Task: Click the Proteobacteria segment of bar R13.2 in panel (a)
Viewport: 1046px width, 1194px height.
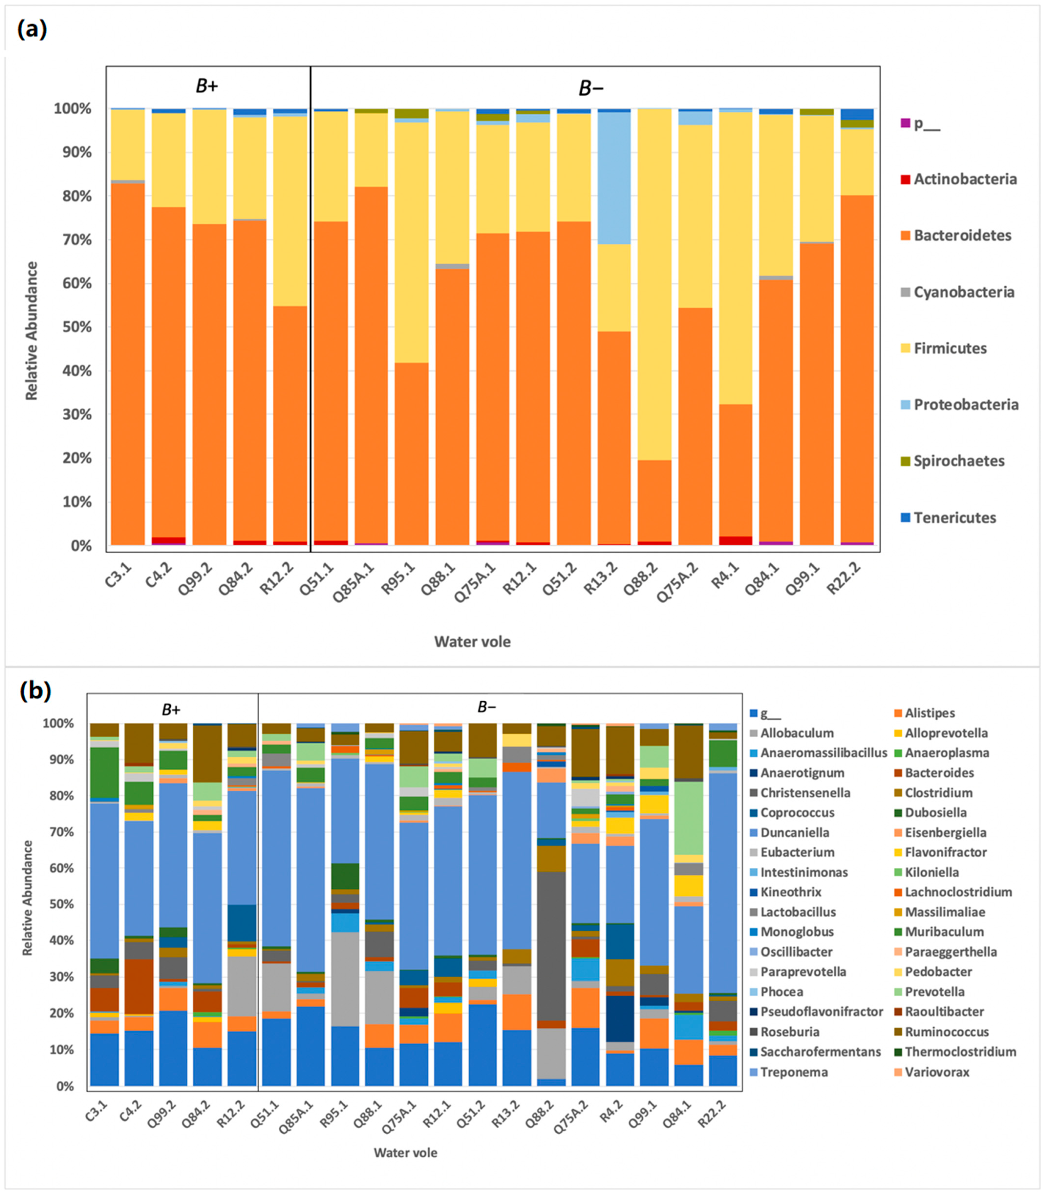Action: click(x=614, y=178)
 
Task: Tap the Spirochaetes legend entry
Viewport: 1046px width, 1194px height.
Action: click(x=953, y=461)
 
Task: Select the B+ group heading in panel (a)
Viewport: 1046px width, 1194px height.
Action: click(x=207, y=86)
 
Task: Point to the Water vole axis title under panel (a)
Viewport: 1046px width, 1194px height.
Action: click(x=472, y=642)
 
